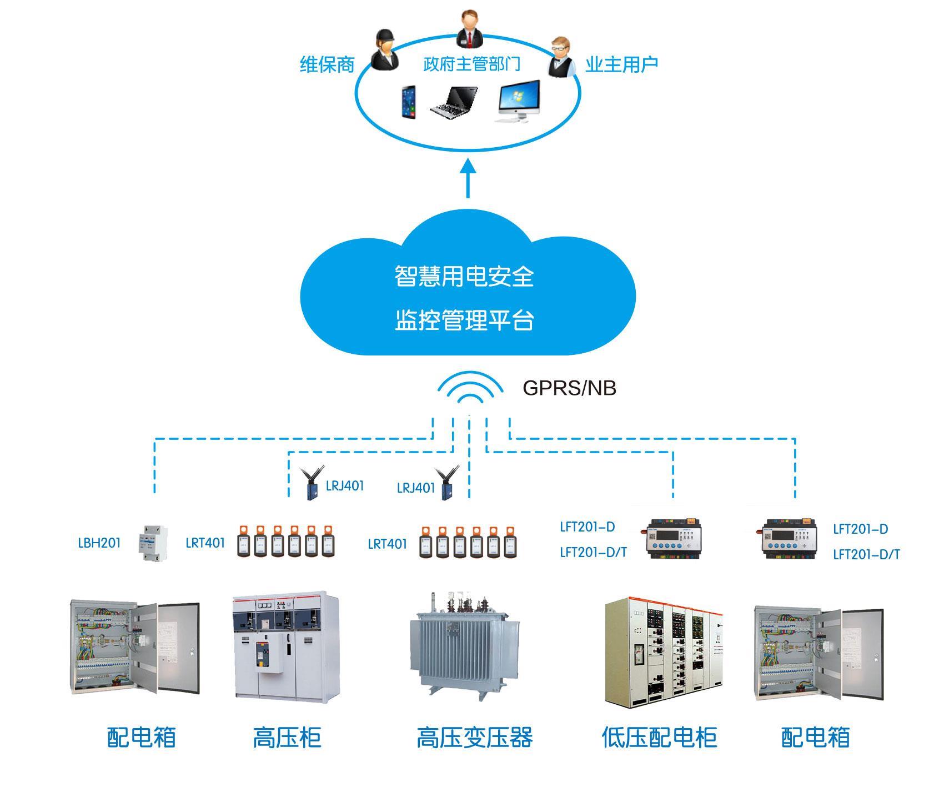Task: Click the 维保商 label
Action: click(327, 65)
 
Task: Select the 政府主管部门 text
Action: click(471, 64)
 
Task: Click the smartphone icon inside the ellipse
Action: click(408, 102)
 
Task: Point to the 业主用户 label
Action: click(621, 64)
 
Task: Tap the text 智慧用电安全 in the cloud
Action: click(464, 276)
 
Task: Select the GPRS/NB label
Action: click(569, 388)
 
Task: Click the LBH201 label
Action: click(99, 543)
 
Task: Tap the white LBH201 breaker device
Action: click(152, 543)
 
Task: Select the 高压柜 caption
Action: click(287, 738)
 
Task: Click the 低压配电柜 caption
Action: click(659, 738)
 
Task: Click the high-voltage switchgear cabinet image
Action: click(286, 646)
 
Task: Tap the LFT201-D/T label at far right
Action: click(866, 554)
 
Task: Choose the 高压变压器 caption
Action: click(474, 738)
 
